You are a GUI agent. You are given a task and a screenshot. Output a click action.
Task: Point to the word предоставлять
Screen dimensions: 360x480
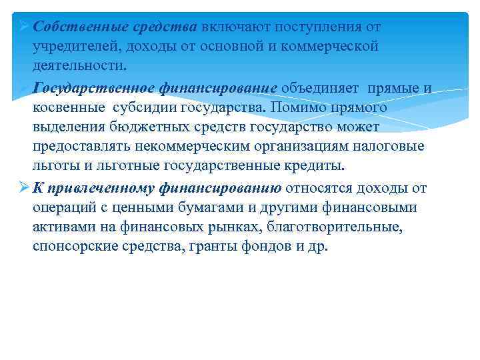(x=80, y=147)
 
